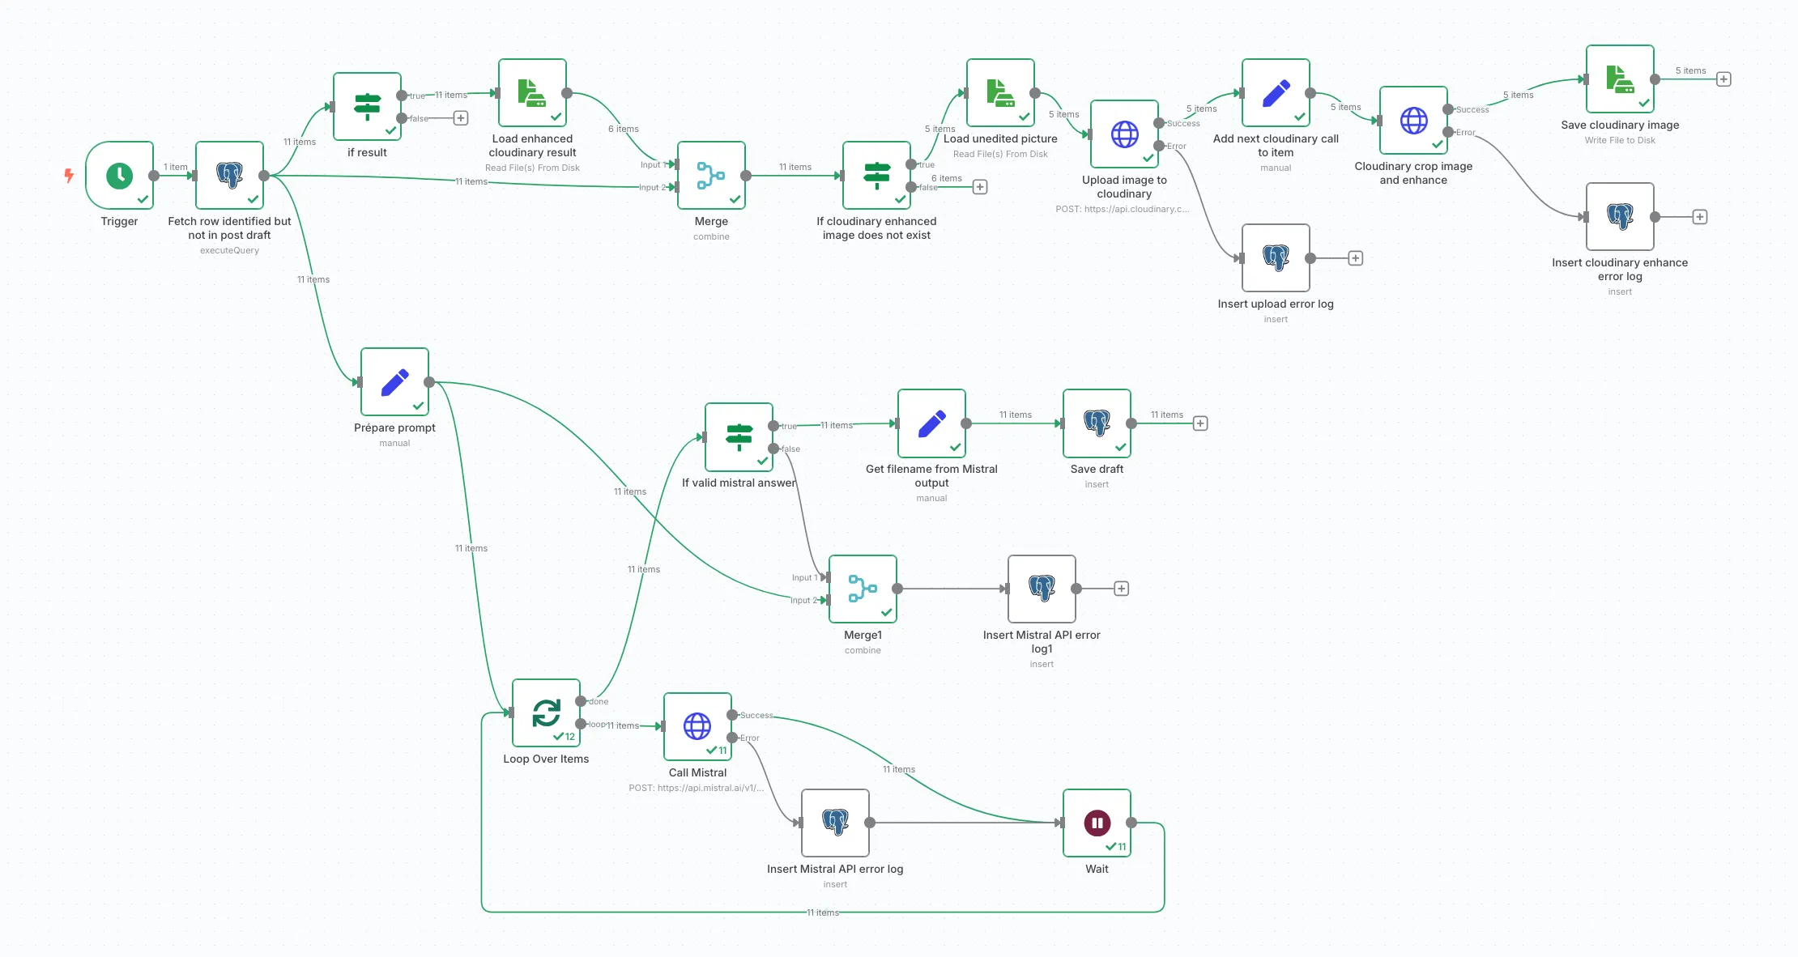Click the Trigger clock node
tap(120, 176)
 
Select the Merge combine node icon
tap(711, 176)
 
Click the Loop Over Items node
tap(546, 713)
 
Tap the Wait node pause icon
tap(1097, 823)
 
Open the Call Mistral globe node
tap(697, 727)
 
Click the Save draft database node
tap(1097, 423)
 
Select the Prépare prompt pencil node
tap(394, 382)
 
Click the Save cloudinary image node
tap(1620, 79)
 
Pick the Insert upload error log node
tap(1276, 258)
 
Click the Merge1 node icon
tap(863, 589)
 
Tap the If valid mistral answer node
tap(739, 437)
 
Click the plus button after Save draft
tap(1200, 423)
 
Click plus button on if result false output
tap(461, 118)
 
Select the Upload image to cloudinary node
tap(1124, 134)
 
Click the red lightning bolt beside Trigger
tap(69, 175)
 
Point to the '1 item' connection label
tap(175, 167)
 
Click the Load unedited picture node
tap(1000, 93)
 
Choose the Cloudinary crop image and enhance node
tap(1413, 121)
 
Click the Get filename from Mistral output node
tap(931, 423)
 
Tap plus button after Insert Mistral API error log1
tap(1121, 589)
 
